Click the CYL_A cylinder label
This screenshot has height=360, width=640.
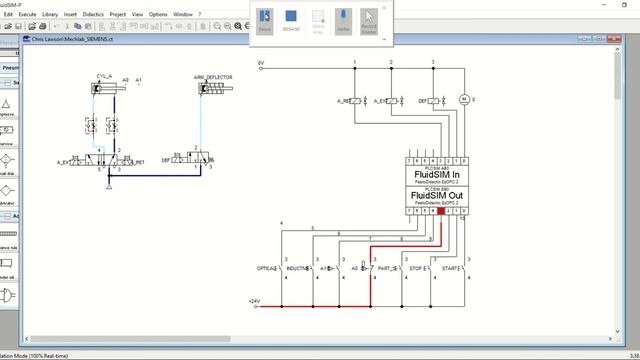pos(104,76)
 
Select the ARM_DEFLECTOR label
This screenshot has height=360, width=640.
pos(212,76)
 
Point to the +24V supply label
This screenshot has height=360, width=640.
pos(254,300)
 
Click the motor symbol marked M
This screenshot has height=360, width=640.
pos(462,100)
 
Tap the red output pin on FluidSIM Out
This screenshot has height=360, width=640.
pos(441,211)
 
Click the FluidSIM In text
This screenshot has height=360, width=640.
pos(436,174)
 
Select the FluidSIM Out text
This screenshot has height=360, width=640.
pos(436,195)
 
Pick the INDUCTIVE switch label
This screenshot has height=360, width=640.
pos(297,269)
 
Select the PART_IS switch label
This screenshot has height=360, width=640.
pos(386,269)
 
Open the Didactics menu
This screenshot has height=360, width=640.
pos(90,15)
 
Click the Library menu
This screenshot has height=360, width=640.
pos(49,15)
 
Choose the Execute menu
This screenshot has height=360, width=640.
pos(26,15)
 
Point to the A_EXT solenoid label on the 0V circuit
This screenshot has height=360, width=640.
pos(379,101)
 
